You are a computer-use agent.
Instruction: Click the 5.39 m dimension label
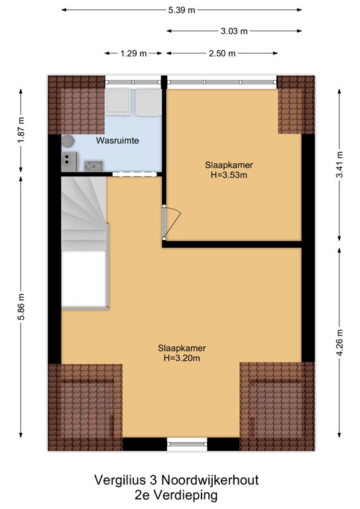click(182, 10)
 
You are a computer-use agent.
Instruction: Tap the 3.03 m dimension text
click(234, 31)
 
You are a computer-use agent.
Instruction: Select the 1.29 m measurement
click(133, 54)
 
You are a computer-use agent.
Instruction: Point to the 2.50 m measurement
click(222, 54)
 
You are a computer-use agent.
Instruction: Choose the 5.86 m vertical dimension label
click(21, 307)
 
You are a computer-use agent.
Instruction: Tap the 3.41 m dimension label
click(339, 164)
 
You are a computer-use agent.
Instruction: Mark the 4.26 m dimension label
click(339, 342)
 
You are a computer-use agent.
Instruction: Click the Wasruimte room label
click(117, 141)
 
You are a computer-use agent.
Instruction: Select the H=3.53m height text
click(229, 175)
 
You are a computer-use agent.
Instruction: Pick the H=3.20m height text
click(182, 359)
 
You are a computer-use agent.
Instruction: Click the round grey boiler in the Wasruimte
click(68, 142)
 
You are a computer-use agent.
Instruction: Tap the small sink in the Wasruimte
click(93, 166)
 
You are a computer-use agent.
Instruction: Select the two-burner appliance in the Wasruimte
click(69, 162)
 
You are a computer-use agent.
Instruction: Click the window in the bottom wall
click(187, 444)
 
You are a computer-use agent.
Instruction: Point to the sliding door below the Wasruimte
click(135, 174)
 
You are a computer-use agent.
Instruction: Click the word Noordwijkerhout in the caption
click(210, 480)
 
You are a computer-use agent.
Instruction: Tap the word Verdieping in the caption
click(186, 496)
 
